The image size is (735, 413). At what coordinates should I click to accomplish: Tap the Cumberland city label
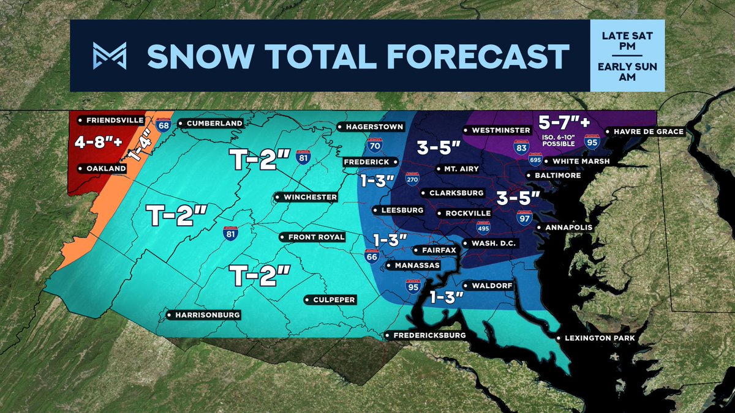pos(211,123)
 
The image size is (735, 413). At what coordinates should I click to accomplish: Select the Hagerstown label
pos(371,127)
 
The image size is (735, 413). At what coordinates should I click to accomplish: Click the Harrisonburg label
pos(203,315)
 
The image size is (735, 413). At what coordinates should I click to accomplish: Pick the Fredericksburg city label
pos(426,335)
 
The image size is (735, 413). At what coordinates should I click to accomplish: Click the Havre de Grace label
pos(644,131)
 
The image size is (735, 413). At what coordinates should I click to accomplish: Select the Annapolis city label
pos(564,228)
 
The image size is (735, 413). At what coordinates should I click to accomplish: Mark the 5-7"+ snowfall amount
pos(559,122)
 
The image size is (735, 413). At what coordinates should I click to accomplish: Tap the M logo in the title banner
pos(110,56)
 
